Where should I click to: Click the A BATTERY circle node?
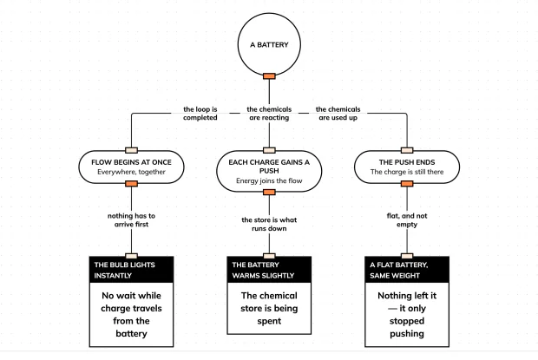point(269,44)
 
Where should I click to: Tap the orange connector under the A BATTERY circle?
point(269,76)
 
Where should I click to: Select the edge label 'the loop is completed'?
point(200,114)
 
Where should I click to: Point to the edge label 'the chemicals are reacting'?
point(269,114)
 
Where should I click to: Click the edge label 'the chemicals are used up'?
point(338,114)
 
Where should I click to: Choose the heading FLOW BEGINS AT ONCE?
point(131,162)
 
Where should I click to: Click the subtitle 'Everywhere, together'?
point(131,172)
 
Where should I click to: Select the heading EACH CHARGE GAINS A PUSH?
point(269,167)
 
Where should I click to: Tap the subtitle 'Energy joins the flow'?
point(269,180)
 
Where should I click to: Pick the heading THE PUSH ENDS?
point(407,162)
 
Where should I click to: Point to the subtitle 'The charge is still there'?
point(407,172)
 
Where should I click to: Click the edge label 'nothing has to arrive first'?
point(131,220)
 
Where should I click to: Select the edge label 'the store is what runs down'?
point(269,224)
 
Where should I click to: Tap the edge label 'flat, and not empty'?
point(407,220)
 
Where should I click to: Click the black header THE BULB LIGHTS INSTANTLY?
point(131,270)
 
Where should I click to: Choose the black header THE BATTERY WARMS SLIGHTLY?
point(269,270)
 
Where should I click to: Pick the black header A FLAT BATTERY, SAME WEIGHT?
point(407,270)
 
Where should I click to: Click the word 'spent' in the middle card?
point(269,321)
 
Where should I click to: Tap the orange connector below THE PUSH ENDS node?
point(407,184)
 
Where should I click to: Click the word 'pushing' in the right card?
point(407,334)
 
